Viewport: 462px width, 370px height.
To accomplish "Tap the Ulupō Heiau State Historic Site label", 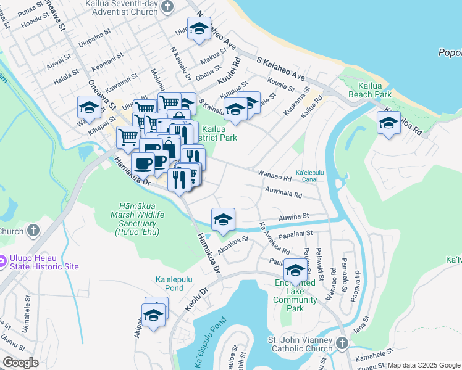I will tap(43, 262).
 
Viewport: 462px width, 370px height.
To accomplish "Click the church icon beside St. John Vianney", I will tap(343, 342).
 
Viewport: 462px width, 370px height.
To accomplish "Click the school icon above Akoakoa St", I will tap(223, 218).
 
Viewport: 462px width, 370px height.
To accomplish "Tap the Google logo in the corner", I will tap(20, 363).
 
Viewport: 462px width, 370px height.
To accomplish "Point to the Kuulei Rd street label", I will tap(229, 72).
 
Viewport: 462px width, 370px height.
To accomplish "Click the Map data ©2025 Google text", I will tap(424, 365).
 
